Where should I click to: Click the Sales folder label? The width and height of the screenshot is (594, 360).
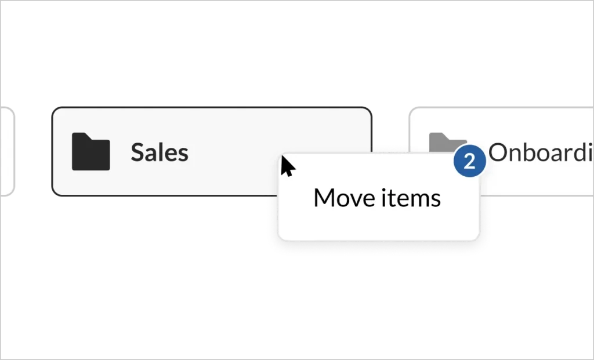pyautogui.click(x=159, y=152)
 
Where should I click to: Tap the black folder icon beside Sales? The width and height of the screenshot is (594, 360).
pyautogui.click(x=90, y=152)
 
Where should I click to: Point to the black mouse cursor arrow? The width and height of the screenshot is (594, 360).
pyautogui.click(x=287, y=166)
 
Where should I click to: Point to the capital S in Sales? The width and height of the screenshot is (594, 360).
pyautogui.click(x=137, y=152)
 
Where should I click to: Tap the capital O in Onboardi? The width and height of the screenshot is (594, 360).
pyautogui.click(x=499, y=152)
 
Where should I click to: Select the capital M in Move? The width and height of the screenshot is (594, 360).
pyautogui.click(x=325, y=198)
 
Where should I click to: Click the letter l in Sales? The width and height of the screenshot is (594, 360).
pyautogui.click(x=160, y=152)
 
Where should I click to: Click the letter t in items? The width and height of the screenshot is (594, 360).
pyautogui.click(x=394, y=199)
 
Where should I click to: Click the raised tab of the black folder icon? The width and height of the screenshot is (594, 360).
pyautogui.click(x=81, y=136)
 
